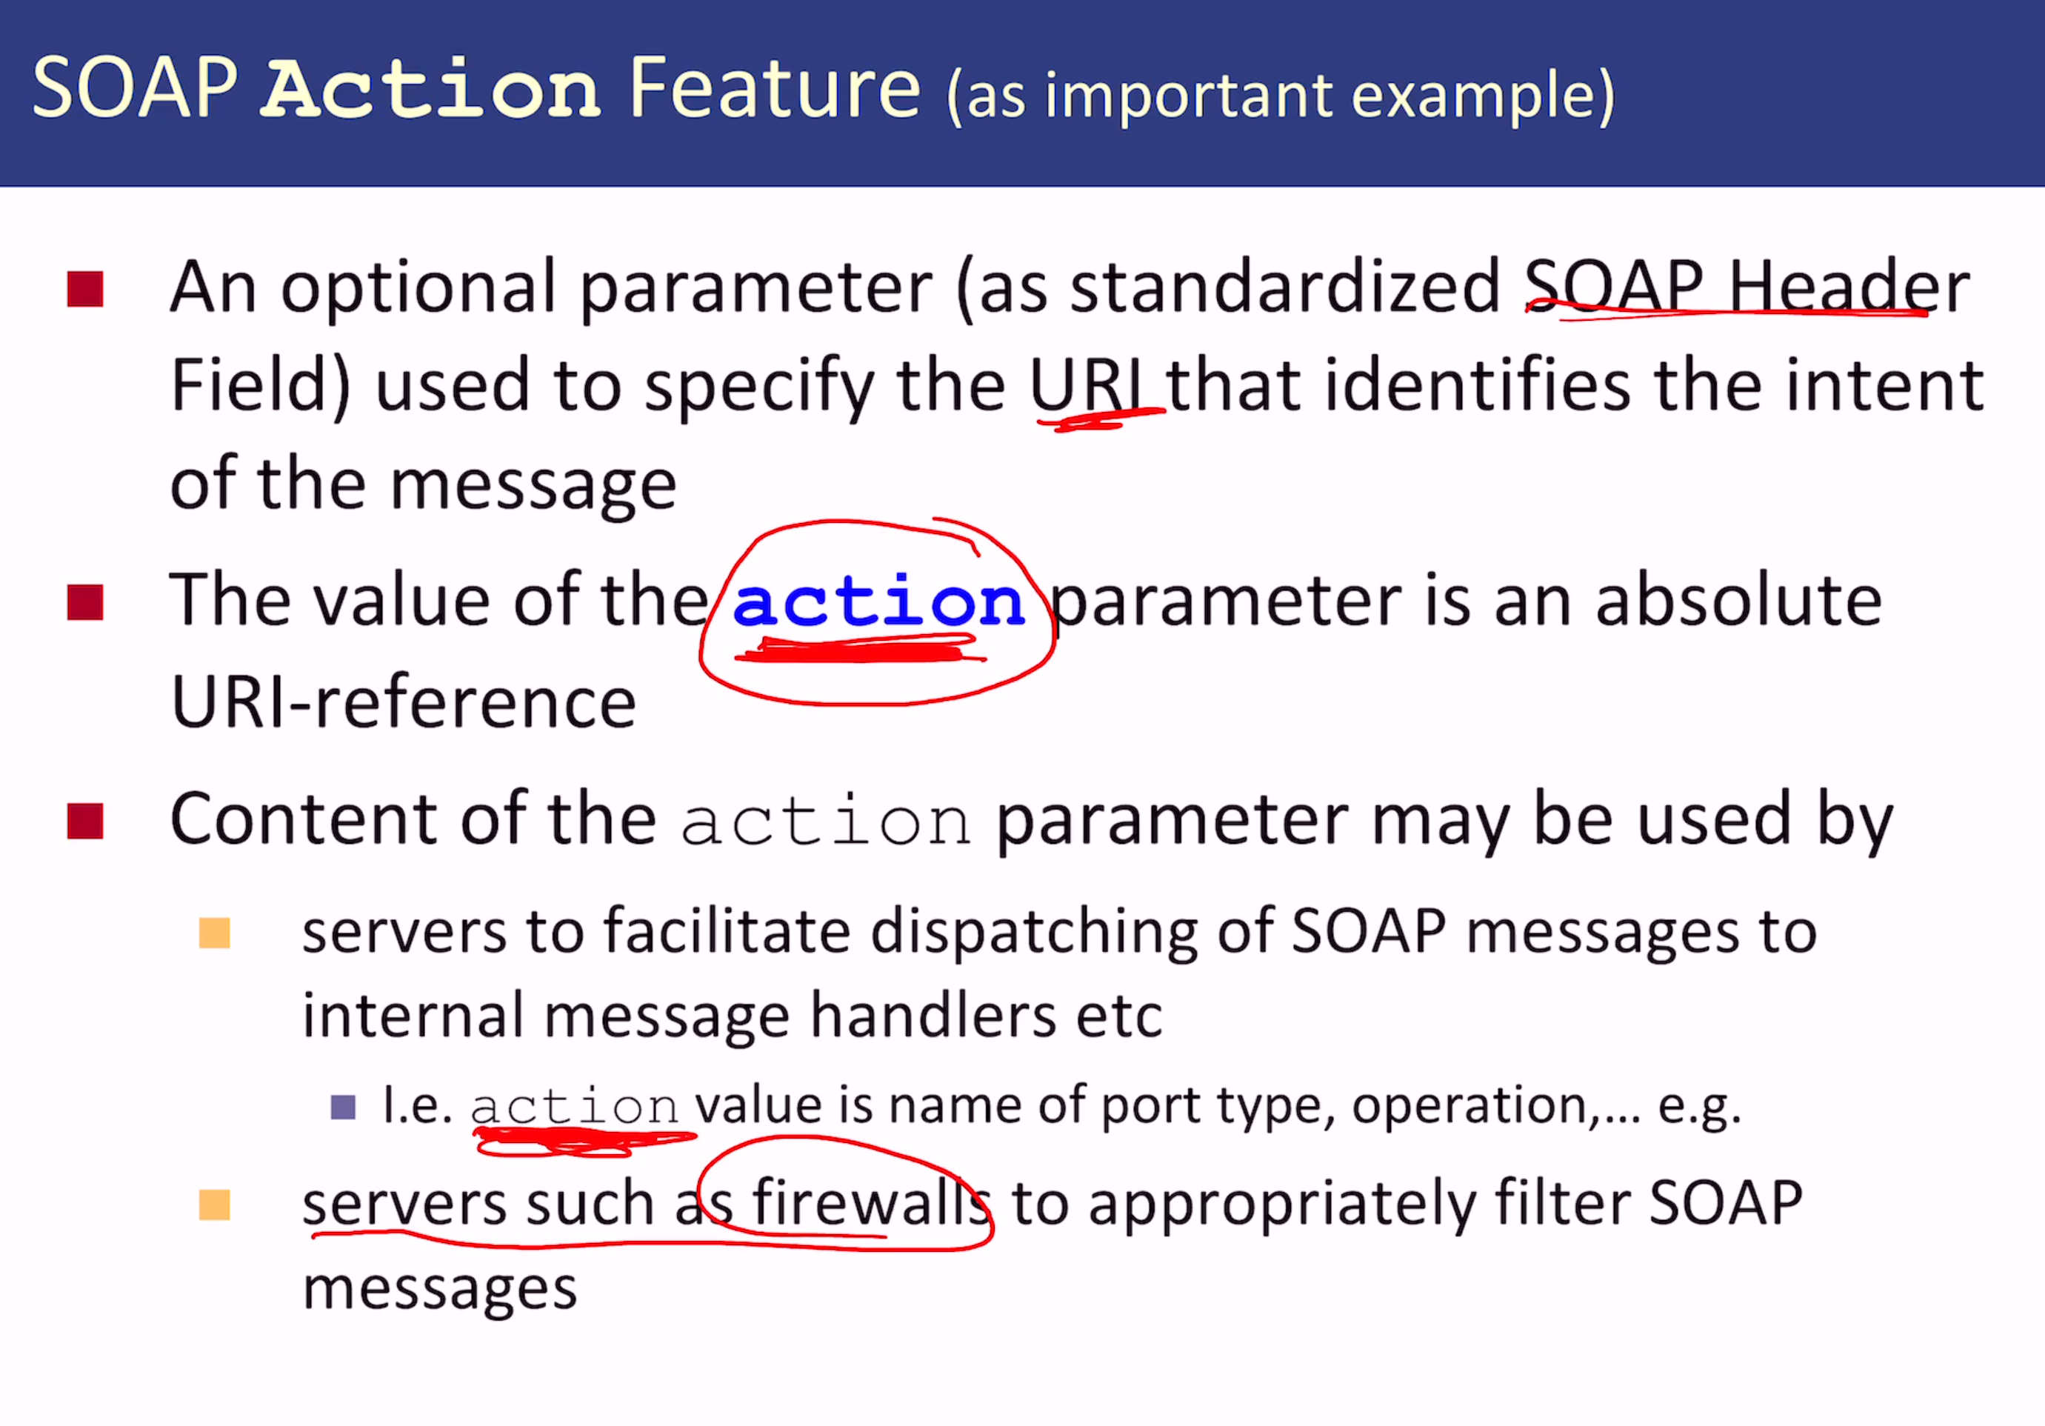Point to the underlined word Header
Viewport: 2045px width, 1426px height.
click(1849, 286)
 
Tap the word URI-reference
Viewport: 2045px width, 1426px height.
click(404, 702)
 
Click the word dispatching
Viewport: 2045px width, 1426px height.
click(1034, 933)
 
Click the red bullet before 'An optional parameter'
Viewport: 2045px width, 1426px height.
click(85, 290)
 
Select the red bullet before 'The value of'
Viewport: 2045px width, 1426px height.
click(85, 603)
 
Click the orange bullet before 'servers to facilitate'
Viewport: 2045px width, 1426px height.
click(215, 933)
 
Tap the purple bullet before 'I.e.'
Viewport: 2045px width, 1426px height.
click(343, 1107)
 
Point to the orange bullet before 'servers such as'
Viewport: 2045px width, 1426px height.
click(215, 1205)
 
